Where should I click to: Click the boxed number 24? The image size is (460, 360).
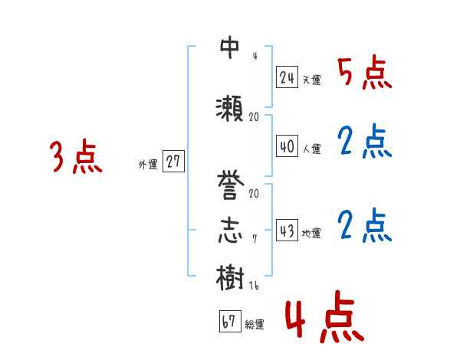point(287,77)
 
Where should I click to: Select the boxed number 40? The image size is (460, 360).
point(287,146)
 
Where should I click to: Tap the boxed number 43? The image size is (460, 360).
point(287,231)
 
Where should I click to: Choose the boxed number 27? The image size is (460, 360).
point(174,162)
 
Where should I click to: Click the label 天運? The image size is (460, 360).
point(312,80)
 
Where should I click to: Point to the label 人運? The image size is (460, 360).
point(312,148)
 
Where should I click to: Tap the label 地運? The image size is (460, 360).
point(312,234)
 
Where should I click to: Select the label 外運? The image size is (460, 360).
point(148,165)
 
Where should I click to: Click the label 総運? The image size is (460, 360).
point(255,325)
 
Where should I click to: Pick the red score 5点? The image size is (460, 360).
point(364,73)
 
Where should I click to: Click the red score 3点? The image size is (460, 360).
point(77,159)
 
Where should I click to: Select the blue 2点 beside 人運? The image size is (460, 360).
point(364,142)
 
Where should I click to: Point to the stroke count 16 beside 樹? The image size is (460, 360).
point(255,285)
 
